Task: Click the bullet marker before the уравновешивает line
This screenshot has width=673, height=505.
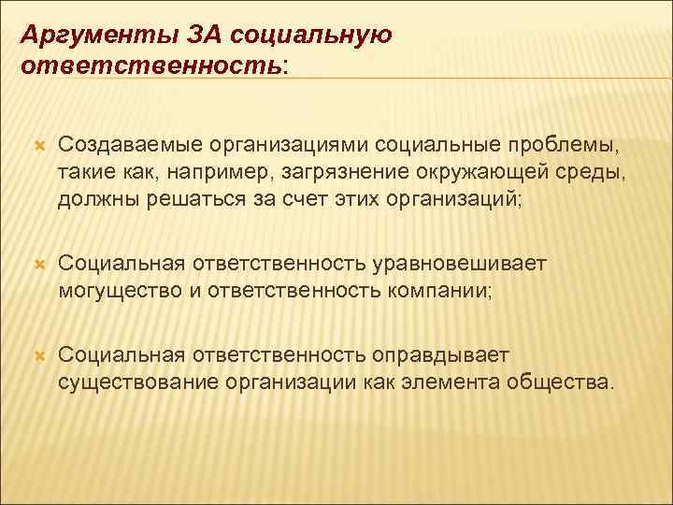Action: tap(39, 266)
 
